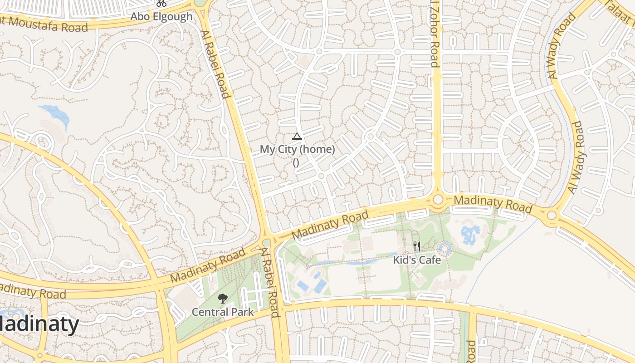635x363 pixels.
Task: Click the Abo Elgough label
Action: pos(161,17)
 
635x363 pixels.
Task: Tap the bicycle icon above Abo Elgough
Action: pos(161,4)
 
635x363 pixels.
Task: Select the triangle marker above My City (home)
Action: pos(297,136)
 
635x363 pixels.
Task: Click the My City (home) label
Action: pos(297,149)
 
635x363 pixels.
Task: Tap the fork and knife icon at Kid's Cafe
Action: pos(417,246)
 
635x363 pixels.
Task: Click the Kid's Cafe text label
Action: pos(417,260)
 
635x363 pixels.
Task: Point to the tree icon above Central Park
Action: pos(222,299)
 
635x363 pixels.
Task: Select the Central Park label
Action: pos(222,312)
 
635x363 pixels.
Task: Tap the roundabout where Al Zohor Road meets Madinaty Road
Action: pos(438,199)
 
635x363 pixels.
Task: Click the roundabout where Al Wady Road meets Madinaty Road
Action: pos(552,215)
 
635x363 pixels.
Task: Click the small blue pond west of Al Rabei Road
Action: pos(56,114)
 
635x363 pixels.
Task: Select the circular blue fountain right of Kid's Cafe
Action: pos(444,248)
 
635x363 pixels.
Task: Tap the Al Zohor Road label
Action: pos(434,34)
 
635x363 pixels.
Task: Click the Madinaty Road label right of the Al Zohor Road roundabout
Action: pos(493,203)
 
